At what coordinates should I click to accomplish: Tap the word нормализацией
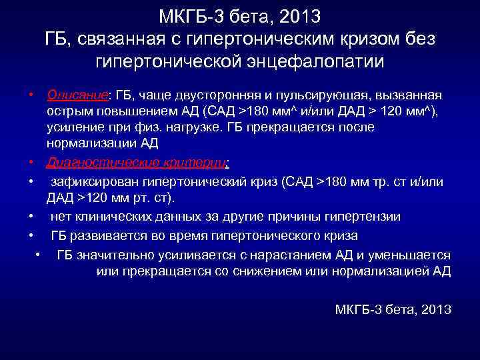[x=385, y=271]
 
